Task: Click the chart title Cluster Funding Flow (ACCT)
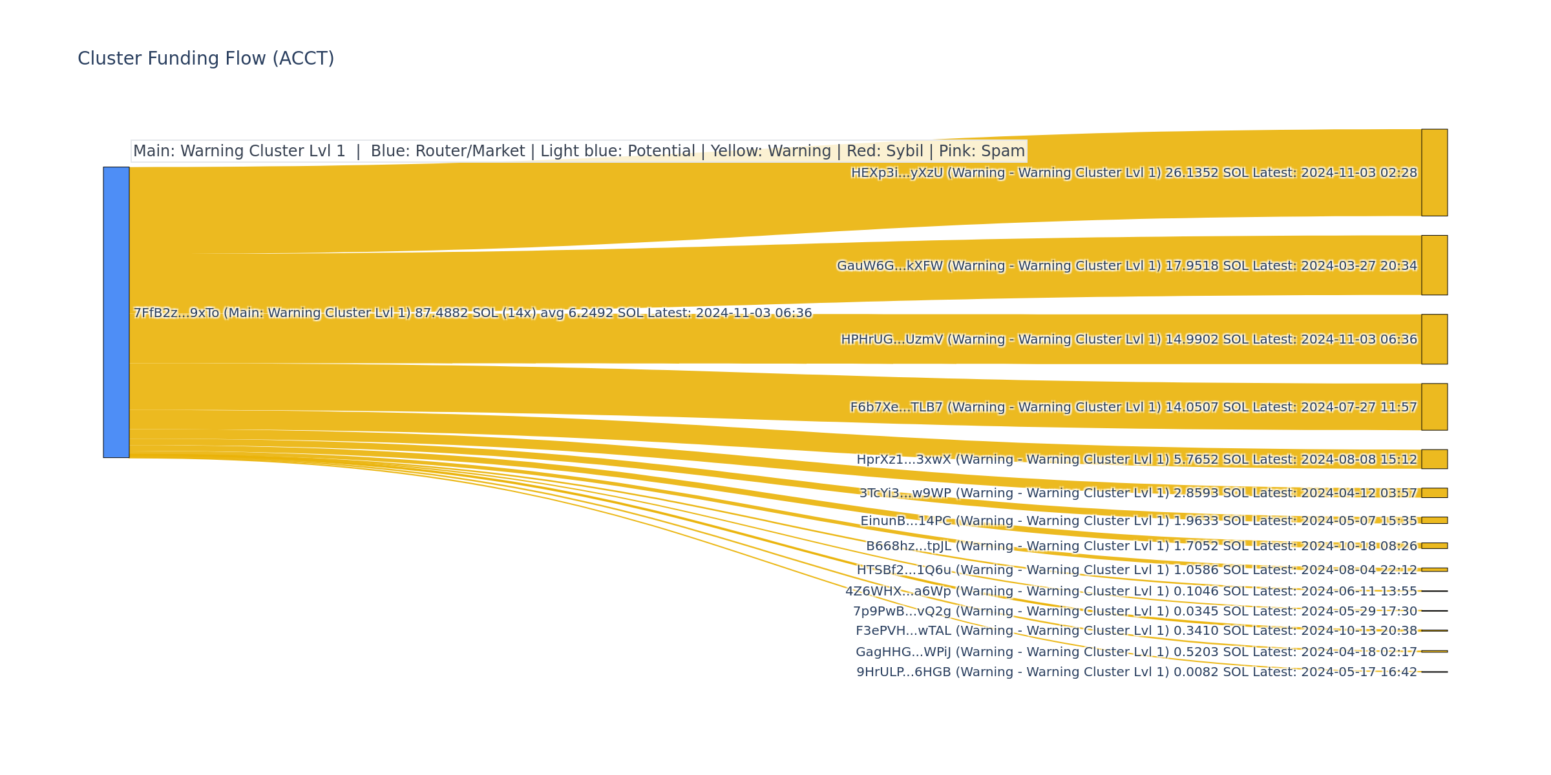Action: (x=206, y=59)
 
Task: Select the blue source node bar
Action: (x=116, y=313)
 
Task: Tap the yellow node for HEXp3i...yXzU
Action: (x=1434, y=172)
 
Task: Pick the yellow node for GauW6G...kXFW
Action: (x=1434, y=265)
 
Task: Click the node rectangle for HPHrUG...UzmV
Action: (x=1434, y=339)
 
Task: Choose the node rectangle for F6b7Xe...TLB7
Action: (x=1434, y=407)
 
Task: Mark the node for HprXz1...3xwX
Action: (x=1434, y=459)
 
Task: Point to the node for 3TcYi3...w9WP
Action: (x=1434, y=493)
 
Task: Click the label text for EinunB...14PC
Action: (x=1138, y=521)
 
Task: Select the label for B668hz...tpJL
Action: (x=1141, y=546)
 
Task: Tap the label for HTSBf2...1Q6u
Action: (x=1136, y=570)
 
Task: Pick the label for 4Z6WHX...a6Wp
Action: (x=1131, y=592)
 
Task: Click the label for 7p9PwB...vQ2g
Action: (x=1135, y=612)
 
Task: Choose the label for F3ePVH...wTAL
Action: (x=1136, y=631)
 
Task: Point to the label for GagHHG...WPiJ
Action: (x=1136, y=652)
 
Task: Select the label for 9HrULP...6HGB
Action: (x=1136, y=672)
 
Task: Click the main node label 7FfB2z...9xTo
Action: (x=472, y=313)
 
